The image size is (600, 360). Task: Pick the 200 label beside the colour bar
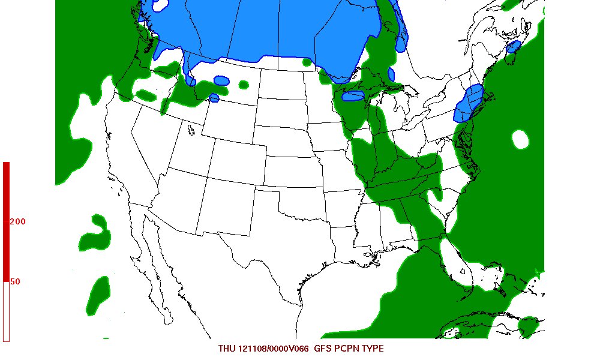[x=18, y=221]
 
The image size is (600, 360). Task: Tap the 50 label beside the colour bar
[x=16, y=281]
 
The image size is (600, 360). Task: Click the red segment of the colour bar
[x=6, y=222]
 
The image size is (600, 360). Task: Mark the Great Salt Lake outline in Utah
[x=190, y=129]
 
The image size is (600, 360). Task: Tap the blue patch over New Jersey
[x=469, y=103]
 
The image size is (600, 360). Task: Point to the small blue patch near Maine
[x=513, y=47]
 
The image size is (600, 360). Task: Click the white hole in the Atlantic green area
[x=520, y=140]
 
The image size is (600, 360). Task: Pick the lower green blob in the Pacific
[x=98, y=295]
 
